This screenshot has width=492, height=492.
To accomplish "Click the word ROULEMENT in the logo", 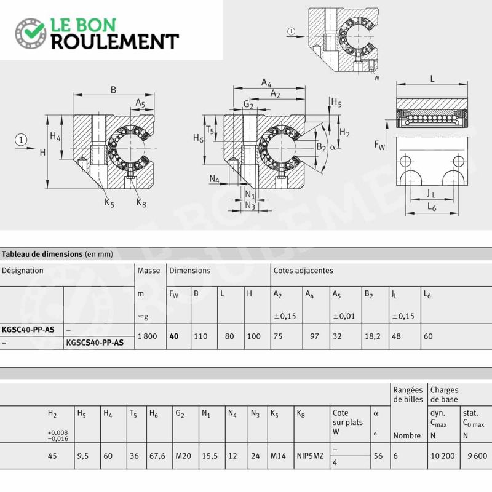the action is pyautogui.click(x=115, y=42).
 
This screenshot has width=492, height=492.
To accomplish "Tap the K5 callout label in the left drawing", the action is pyautogui.click(x=109, y=202).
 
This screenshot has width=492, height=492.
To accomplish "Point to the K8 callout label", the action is pyautogui.click(x=141, y=203).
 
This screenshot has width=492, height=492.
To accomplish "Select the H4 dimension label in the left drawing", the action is pyautogui.click(x=55, y=137).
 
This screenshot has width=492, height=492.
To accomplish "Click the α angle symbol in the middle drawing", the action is pyautogui.click(x=333, y=147).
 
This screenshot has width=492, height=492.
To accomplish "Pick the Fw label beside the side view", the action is pyautogui.click(x=379, y=145).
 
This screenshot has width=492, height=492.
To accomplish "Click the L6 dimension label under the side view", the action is pyautogui.click(x=432, y=207).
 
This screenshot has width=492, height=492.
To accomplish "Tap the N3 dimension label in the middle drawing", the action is pyautogui.click(x=250, y=205).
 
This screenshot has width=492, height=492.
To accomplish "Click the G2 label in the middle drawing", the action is pyautogui.click(x=248, y=104).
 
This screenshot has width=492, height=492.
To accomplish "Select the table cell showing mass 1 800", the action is pyautogui.click(x=147, y=336).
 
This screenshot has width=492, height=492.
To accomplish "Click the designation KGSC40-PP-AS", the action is pyautogui.click(x=28, y=330).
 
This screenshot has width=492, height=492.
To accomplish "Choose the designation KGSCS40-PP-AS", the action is pyautogui.click(x=95, y=343).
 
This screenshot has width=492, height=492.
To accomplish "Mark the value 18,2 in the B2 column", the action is pyautogui.click(x=373, y=336).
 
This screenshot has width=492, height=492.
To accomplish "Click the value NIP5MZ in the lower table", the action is pyautogui.click(x=310, y=456).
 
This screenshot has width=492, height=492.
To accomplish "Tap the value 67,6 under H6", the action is pyautogui.click(x=157, y=456).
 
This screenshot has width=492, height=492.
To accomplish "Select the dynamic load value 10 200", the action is pyautogui.click(x=442, y=456).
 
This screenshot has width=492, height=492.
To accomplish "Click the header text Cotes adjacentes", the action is pyautogui.click(x=303, y=271).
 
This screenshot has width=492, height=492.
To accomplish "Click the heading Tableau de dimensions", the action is pyautogui.click(x=42, y=254).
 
